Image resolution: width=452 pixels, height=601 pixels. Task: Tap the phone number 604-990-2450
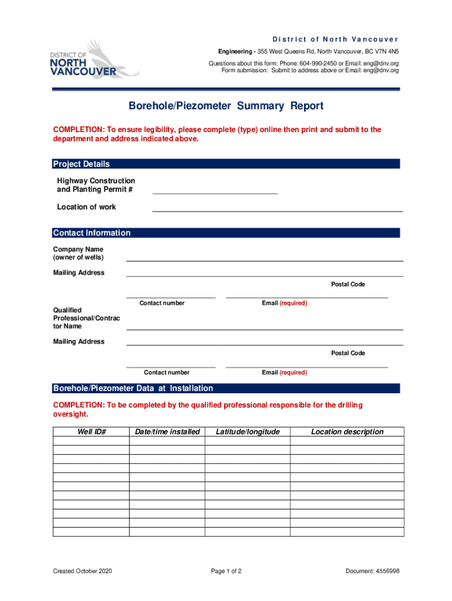tap(319, 63)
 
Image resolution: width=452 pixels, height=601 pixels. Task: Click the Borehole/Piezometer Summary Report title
tap(226, 106)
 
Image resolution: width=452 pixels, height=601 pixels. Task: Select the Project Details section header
tap(82, 164)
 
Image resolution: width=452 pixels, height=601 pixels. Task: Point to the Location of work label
tap(86, 207)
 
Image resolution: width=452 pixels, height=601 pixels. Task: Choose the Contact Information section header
tap(92, 233)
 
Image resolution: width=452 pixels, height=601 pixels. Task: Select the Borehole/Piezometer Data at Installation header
tap(133, 389)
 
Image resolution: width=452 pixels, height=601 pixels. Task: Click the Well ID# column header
tap(92, 432)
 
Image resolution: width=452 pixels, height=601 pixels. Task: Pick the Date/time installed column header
tap(167, 432)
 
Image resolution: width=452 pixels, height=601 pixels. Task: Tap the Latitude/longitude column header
tap(248, 432)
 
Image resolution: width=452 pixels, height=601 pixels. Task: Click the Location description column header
tap(347, 432)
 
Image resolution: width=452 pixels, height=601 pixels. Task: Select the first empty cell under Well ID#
tap(92, 441)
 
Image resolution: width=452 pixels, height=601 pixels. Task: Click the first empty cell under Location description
tap(347, 441)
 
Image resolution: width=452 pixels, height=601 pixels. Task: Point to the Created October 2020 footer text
tap(82, 571)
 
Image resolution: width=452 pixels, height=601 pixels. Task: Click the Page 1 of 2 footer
tap(225, 571)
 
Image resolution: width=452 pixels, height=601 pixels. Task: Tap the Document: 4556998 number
tap(373, 571)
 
